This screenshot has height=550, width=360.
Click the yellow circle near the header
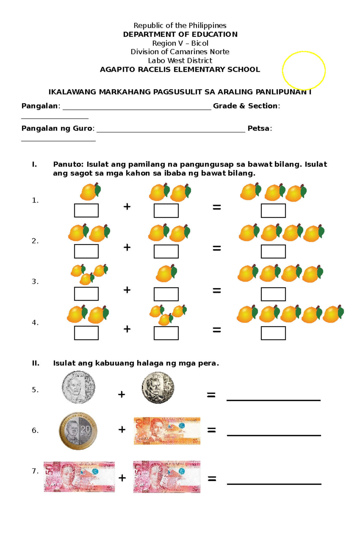[304, 71]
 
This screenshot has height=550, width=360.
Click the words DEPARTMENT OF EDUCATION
[180, 34]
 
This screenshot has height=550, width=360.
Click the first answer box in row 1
[86, 210]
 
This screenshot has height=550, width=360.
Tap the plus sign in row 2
[127, 247]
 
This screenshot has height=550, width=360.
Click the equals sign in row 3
[217, 290]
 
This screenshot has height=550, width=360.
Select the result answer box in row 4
[273, 333]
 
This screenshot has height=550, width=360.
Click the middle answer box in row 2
[166, 251]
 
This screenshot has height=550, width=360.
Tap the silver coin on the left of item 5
[79, 387]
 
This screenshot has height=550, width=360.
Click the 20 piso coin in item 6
[78, 431]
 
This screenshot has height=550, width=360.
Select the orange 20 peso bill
[167, 431]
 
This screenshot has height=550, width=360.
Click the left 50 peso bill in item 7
[79, 477]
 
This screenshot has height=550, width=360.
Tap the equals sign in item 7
[212, 479]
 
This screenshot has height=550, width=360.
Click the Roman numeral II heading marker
[36, 363]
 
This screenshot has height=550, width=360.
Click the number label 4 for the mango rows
[35, 323]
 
